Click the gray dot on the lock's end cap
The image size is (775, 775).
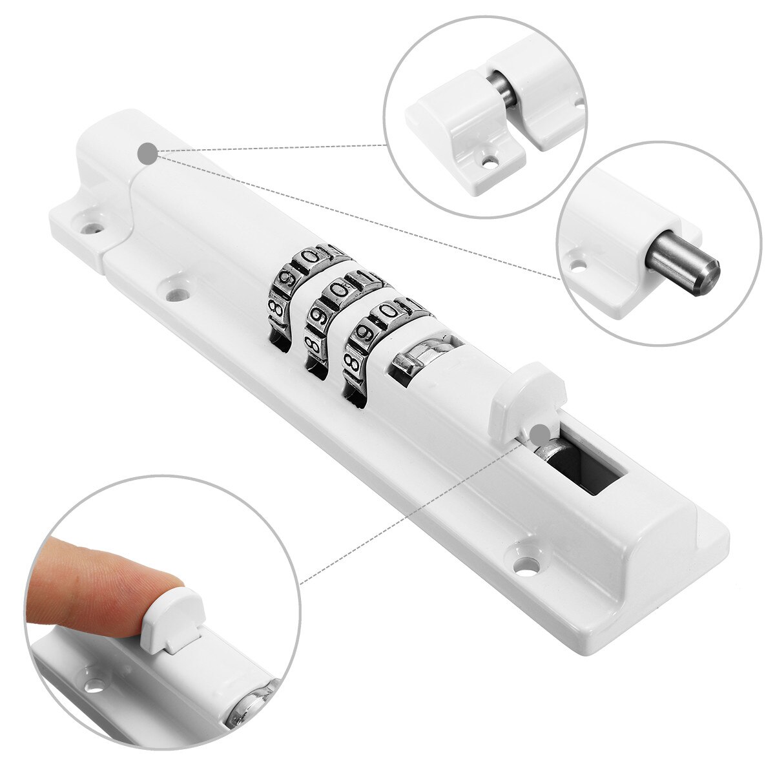pyautogui.click(x=148, y=154)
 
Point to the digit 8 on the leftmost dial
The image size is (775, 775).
pyautogui.click(x=275, y=305)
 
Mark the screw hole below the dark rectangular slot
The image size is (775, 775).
pyautogui.click(x=528, y=556)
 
